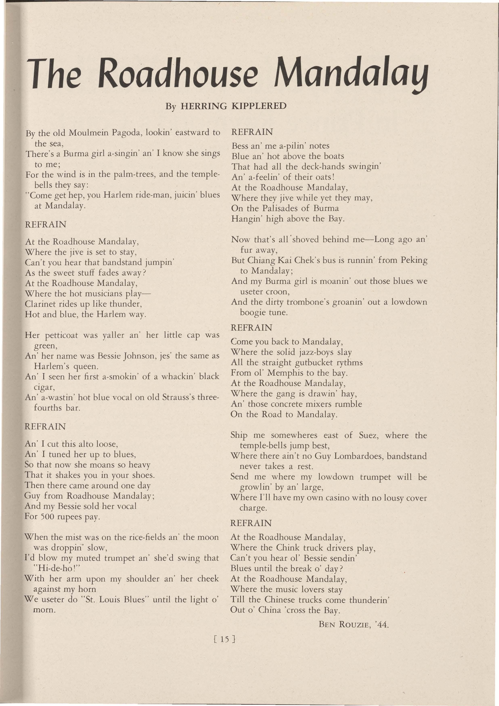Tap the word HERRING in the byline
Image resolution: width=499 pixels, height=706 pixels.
click(x=203, y=106)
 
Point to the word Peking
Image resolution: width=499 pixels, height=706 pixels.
click(x=414, y=261)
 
